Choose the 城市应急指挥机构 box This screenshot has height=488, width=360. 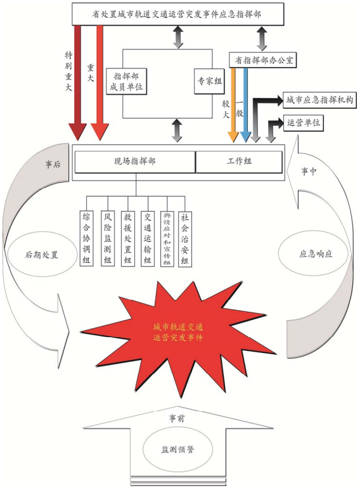click(319, 100)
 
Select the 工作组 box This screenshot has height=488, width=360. click(239, 162)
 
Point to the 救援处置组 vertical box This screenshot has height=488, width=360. click(129, 238)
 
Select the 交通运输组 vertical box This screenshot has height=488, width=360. click(148, 238)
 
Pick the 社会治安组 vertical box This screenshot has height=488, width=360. click(186, 238)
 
